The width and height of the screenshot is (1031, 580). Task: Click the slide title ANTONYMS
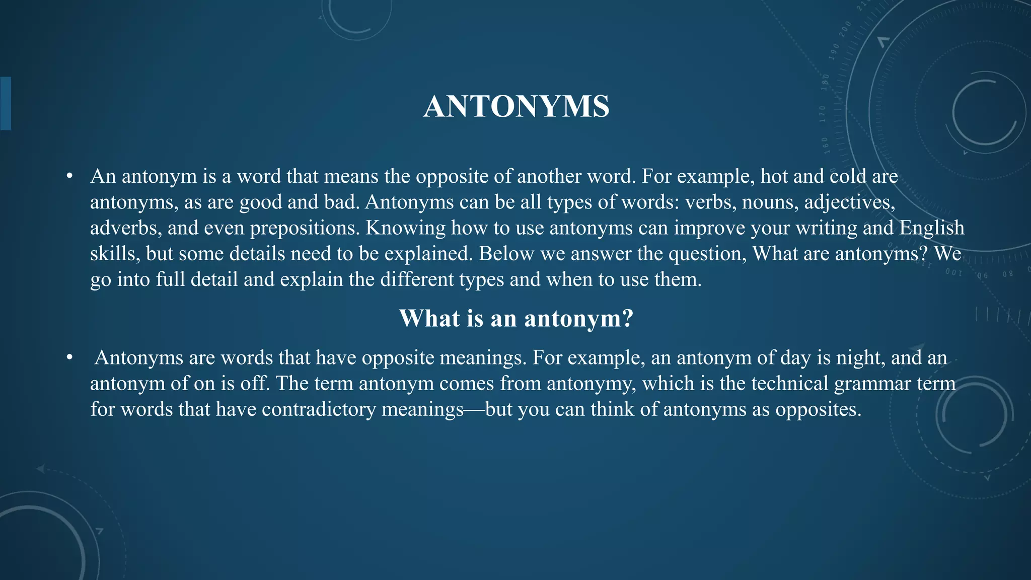coord(516,107)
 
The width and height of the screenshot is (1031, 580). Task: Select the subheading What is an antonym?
coord(516,318)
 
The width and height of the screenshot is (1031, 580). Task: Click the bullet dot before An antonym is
coord(69,177)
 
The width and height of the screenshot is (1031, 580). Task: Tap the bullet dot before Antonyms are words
coord(69,358)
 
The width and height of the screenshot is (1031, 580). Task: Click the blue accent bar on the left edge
coord(6,103)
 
